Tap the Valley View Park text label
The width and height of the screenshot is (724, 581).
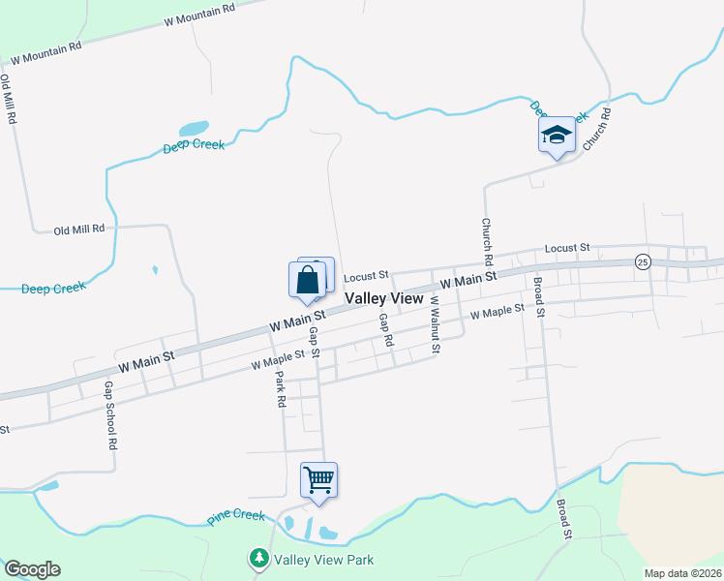click(x=323, y=560)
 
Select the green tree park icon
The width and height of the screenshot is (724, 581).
click(x=258, y=559)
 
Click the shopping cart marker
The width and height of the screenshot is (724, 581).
click(x=318, y=479)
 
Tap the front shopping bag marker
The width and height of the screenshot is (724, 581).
click(x=307, y=280)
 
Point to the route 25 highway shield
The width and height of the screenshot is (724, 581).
click(x=642, y=261)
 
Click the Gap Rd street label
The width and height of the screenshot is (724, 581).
click(x=387, y=330)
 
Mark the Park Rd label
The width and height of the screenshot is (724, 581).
click(x=280, y=387)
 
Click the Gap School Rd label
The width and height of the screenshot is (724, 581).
click(x=109, y=414)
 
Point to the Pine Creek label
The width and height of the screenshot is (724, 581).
click(x=236, y=517)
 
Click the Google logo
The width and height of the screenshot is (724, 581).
click(x=32, y=569)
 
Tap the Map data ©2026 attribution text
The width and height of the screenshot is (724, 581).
click(x=681, y=573)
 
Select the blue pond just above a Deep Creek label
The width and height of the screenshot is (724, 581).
click(x=194, y=128)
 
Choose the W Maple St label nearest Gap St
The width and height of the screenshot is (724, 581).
click(x=277, y=359)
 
